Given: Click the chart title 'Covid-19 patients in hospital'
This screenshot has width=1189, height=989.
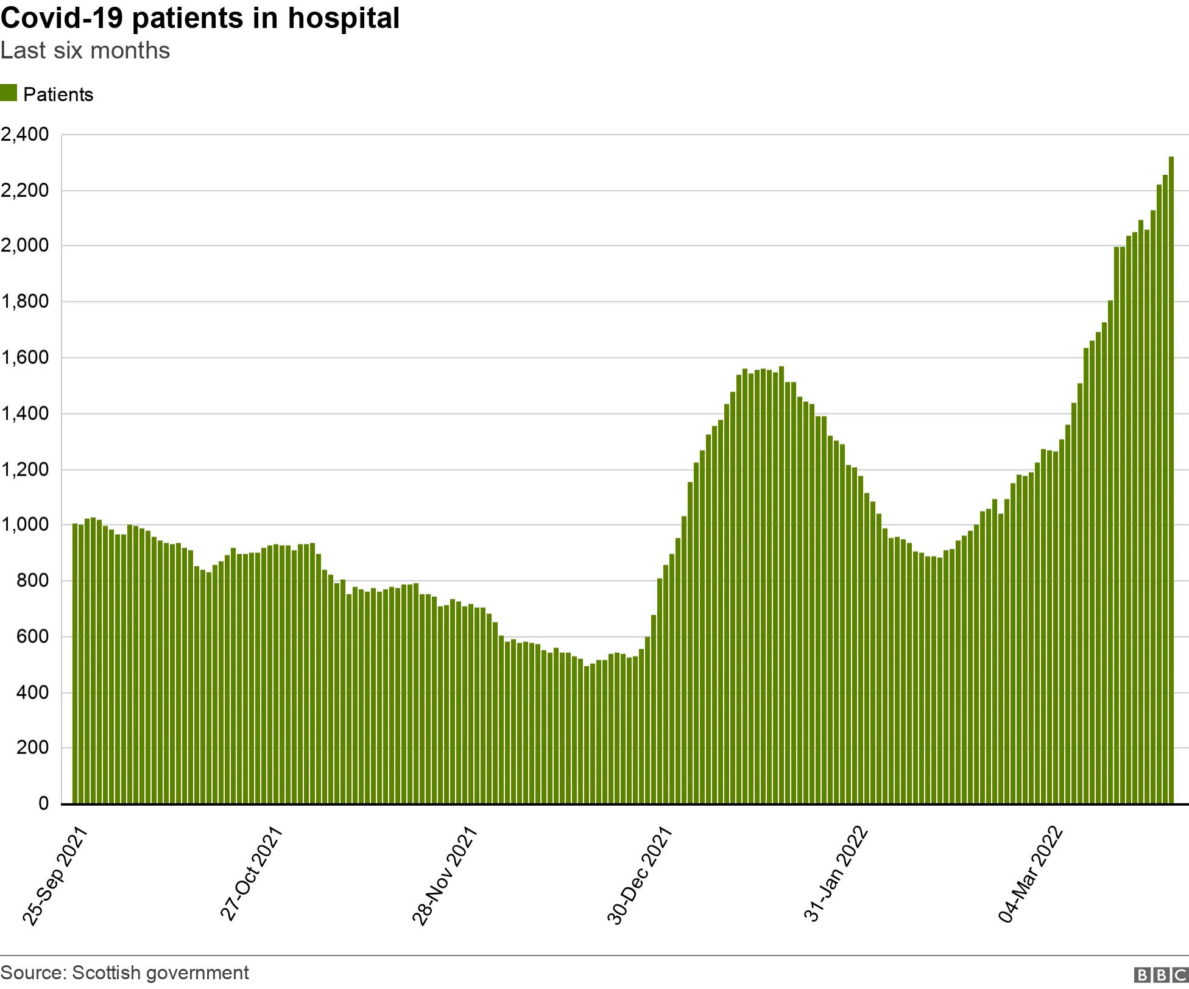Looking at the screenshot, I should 200,18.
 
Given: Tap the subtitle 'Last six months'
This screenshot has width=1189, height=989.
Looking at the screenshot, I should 85,51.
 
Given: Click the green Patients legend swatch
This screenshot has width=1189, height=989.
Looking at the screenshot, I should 9,93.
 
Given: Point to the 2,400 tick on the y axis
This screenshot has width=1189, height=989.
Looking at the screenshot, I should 25,135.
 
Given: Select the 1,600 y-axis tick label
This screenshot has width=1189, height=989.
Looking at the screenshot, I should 25,357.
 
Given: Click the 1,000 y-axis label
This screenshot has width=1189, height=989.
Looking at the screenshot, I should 25,525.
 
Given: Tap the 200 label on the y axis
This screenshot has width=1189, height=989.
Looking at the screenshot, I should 32,748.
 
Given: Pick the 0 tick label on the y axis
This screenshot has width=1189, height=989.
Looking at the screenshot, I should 43,804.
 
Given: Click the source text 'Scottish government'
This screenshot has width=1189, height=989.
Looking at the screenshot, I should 160,973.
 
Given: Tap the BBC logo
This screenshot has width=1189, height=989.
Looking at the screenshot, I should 1162,975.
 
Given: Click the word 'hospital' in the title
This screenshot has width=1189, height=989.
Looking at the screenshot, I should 344,18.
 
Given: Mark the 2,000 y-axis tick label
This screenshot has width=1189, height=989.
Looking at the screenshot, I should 25,246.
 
